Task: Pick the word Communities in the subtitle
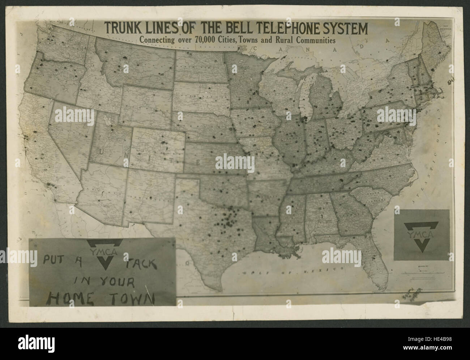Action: (315, 40)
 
